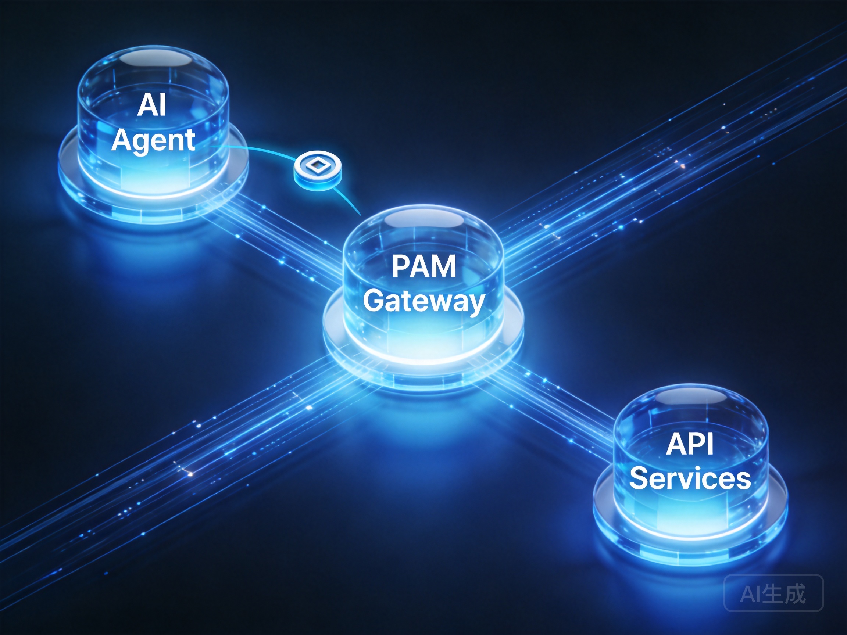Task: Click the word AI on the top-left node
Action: click(152, 105)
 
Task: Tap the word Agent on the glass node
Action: click(153, 140)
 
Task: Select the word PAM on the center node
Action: click(424, 266)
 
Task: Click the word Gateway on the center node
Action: click(424, 302)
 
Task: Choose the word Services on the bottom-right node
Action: click(690, 478)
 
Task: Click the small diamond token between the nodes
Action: click(318, 171)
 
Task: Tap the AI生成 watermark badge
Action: click(773, 593)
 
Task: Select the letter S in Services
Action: click(638, 478)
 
